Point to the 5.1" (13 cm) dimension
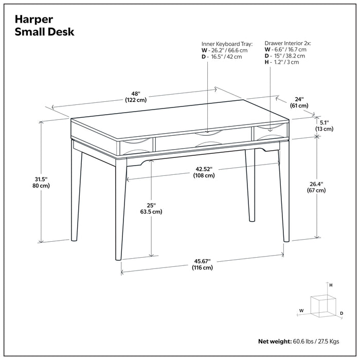point(324,125)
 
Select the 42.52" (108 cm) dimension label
point(204,172)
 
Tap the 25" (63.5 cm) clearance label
point(151,208)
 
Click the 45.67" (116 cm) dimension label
point(203,264)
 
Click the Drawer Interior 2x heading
point(287,45)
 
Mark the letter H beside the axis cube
point(331,285)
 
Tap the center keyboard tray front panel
point(203,140)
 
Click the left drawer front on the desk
point(135,146)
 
